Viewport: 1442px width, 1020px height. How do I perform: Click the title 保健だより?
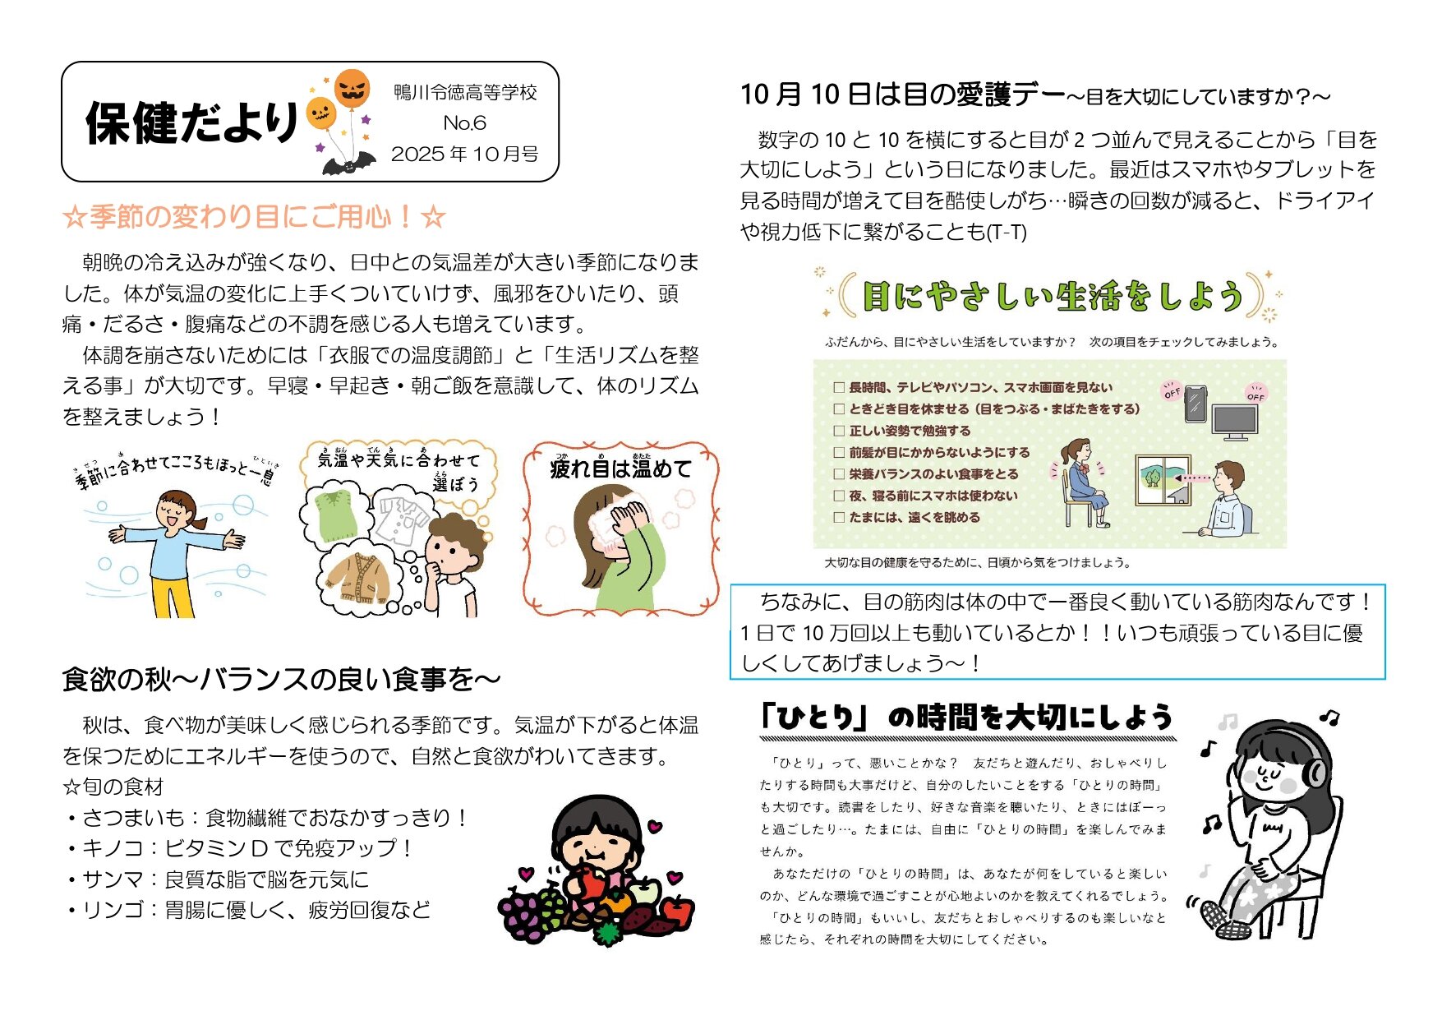point(191,123)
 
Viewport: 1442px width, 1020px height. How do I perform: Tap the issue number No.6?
point(464,123)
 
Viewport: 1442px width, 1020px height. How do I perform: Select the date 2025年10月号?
point(464,155)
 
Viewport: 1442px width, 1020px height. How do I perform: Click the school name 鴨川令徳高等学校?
point(465,92)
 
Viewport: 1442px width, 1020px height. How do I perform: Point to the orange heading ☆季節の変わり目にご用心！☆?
point(254,217)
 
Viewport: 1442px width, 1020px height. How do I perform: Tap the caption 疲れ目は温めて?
point(621,468)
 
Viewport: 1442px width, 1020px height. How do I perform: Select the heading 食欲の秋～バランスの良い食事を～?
point(281,680)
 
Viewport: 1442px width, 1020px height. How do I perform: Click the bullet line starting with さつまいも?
point(265,818)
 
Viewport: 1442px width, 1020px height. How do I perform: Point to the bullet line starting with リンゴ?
point(247,911)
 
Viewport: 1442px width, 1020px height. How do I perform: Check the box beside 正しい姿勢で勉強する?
point(839,431)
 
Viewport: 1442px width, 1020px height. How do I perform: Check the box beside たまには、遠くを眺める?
point(839,518)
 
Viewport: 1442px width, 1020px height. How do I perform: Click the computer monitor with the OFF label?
point(1235,422)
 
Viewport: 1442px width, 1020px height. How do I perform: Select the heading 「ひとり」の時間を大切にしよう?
point(965,718)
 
